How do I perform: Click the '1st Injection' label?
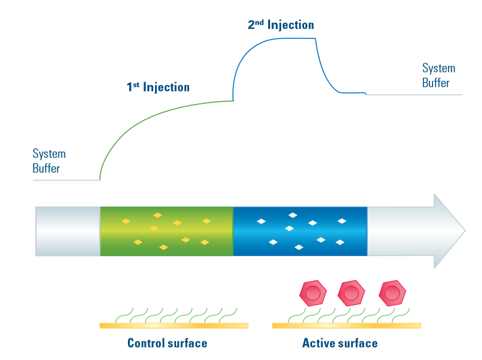pos(158,87)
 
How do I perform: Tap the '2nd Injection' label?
pos(281,25)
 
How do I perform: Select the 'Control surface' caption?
pos(167,343)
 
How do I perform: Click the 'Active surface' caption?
pos(340,343)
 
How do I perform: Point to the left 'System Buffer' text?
pos(49,160)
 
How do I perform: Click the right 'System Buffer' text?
pos(438,75)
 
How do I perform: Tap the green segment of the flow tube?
pos(167,231)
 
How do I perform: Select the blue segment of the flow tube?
pos(300,231)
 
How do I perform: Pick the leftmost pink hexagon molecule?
pos(313,292)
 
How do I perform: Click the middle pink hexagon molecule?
pos(351,292)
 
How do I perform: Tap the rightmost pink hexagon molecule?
pos(392,292)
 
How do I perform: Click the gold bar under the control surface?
pos(174,325)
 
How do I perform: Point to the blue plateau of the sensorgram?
pos(284,39)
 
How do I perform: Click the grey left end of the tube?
pos(68,231)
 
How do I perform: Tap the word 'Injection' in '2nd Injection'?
pos(290,25)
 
